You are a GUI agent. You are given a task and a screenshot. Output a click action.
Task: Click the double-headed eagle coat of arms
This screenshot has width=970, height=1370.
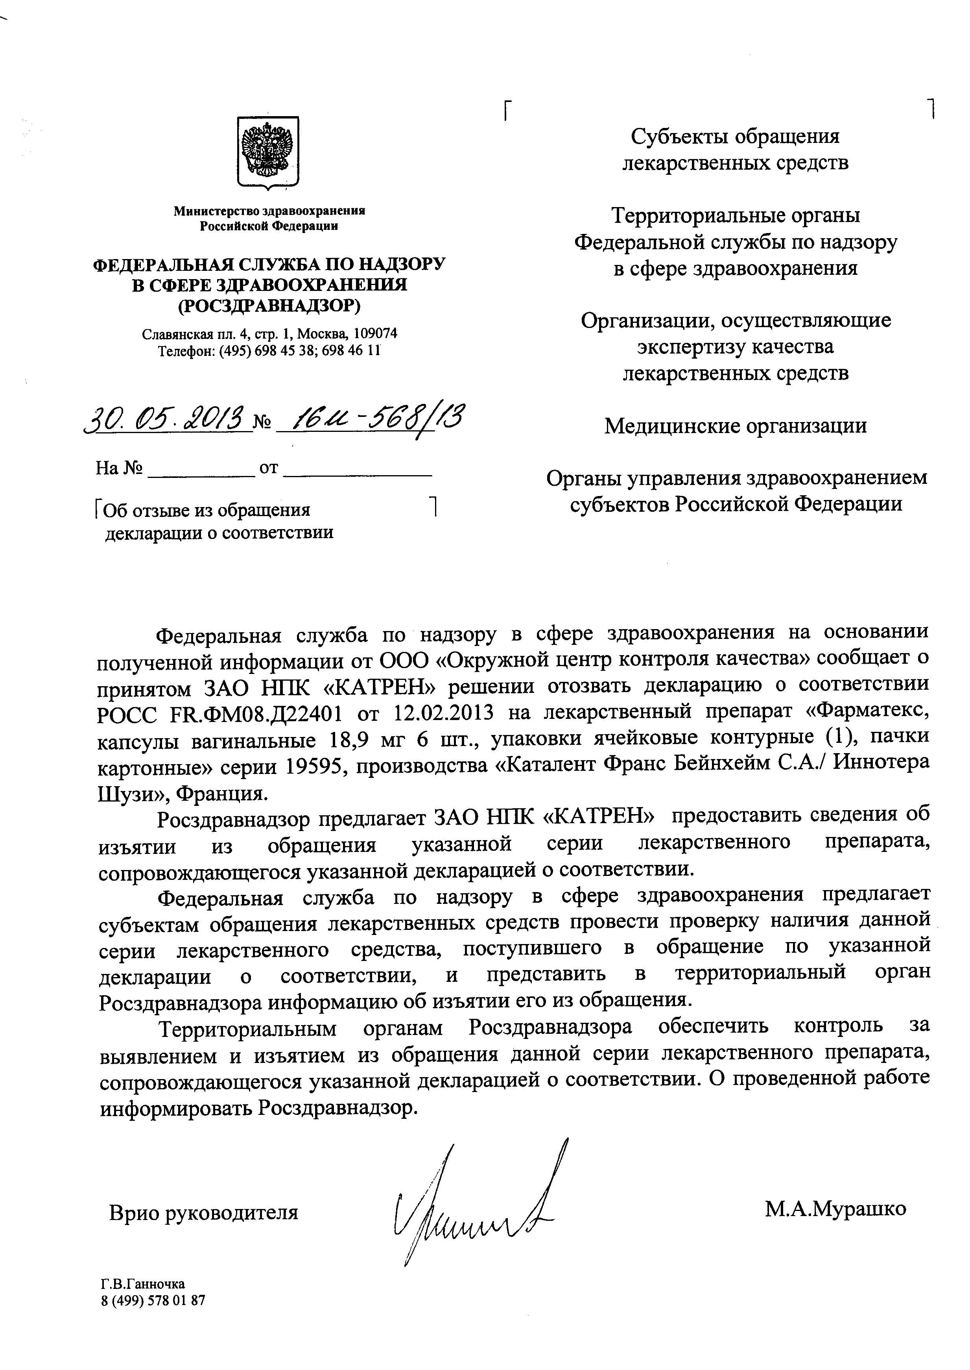click(268, 154)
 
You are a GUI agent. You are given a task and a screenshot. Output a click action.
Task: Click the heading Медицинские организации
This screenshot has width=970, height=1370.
click(735, 426)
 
